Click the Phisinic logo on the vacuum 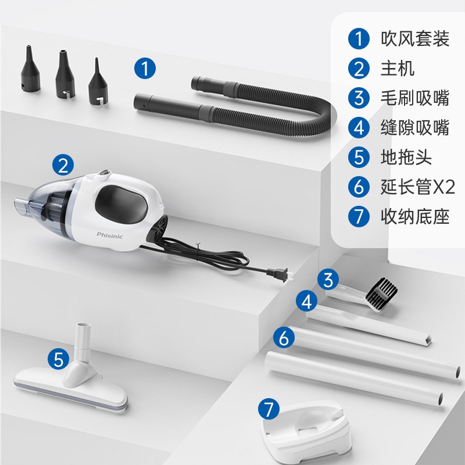110,236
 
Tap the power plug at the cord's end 279,273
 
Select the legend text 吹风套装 415,38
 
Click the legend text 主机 398,68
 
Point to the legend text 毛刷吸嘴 415,98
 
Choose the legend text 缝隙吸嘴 415,127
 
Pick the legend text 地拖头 406,157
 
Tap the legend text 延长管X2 417,187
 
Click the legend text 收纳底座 415,216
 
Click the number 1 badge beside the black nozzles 145,68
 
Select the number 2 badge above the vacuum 63,165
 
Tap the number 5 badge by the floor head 59,359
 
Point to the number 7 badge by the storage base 269,409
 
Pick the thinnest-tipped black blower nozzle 98,81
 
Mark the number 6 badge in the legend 359,187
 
